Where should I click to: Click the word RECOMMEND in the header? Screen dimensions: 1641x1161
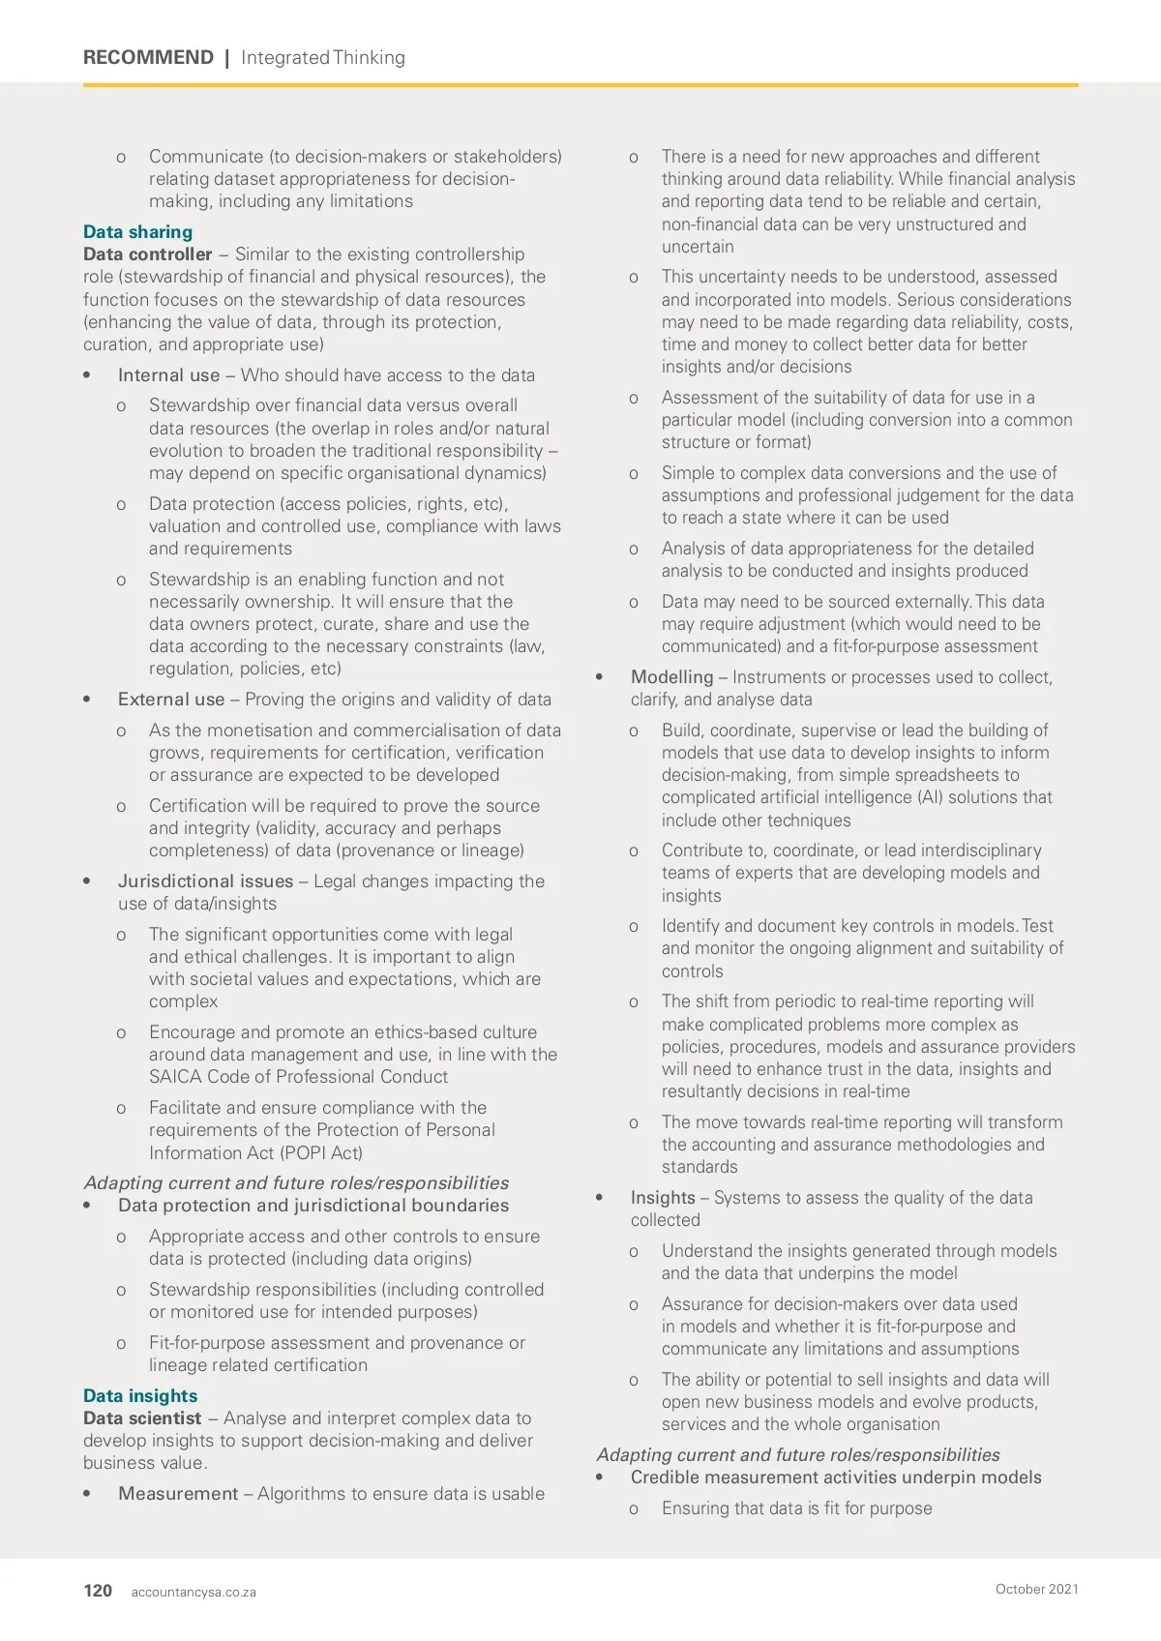tap(148, 57)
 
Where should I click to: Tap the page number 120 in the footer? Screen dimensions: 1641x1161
tap(98, 1591)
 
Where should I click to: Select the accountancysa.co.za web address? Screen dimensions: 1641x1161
tap(193, 1592)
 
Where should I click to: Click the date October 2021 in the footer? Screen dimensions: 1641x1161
tap(1036, 1589)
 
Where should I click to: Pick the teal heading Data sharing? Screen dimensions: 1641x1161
tap(137, 232)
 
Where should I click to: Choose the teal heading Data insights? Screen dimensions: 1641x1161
tap(140, 1396)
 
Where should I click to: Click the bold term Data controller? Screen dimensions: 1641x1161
tap(147, 254)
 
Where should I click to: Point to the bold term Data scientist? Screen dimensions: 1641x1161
tap(142, 1418)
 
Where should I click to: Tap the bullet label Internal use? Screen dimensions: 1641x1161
tap(168, 375)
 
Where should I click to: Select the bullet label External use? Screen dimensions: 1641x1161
tap(171, 700)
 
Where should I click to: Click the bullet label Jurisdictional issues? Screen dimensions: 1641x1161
tap(205, 881)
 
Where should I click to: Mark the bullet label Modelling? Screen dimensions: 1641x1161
tap(671, 677)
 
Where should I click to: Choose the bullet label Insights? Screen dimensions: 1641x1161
tap(663, 1198)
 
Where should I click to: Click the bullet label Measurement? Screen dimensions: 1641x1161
tap(178, 1494)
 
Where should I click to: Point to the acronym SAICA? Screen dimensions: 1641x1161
tap(175, 1077)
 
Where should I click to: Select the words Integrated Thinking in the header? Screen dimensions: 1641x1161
tap(323, 57)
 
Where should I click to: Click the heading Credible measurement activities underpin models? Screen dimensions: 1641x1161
tap(836, 1477)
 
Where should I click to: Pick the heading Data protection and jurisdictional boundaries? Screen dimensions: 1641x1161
tap(313, 1206)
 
